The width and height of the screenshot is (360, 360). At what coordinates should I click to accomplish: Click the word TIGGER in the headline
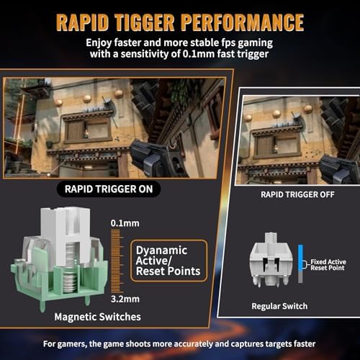click(x=145, y=22)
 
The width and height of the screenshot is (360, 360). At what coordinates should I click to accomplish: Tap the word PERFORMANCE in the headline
click(x=243, y=22)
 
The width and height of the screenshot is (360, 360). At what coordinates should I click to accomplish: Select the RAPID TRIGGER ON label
click(x=109, y=189)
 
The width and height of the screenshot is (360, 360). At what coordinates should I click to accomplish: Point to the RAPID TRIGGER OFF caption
click(x=297, y=194)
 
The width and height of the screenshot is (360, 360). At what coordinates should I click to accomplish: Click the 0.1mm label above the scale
click(x=125, y=223)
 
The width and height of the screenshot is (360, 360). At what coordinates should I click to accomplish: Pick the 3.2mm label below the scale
click(x=125, y=299)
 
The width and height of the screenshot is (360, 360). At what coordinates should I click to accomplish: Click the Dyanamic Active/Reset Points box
click(x=168, y=261)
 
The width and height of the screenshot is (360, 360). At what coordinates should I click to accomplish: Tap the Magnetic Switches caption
click(x=97, y=317)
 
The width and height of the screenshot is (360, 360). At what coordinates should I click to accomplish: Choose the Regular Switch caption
click(x=279, y=306)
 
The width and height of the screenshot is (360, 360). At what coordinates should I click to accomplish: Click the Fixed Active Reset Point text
click(x=328, y=265)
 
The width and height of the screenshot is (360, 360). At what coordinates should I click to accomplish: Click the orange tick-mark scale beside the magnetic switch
click(x=117, y=261)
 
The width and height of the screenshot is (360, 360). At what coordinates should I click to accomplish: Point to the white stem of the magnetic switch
click(x=66, y=236)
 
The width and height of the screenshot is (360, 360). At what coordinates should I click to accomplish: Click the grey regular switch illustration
click(x=271, y=259)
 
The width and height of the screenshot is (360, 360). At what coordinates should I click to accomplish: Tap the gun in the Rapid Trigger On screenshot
click(x=163, y=158)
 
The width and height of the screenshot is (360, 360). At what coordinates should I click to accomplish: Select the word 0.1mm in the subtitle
click(x=198, y=54)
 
